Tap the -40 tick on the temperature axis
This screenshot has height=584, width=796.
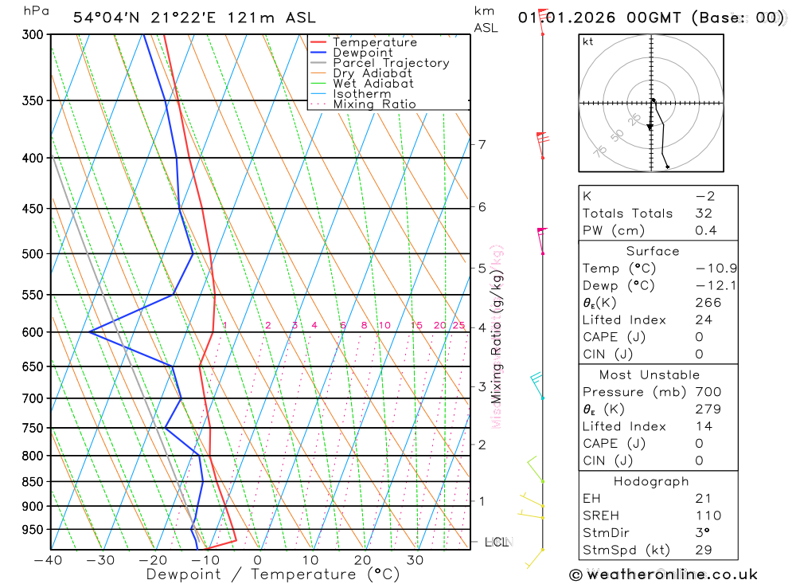click(x=49, y=559)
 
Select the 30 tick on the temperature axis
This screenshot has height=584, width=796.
click(x=415, y=559)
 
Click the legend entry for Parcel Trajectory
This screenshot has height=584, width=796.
click(x=391, y=63)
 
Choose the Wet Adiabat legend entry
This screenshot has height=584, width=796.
click(x=373, y=84)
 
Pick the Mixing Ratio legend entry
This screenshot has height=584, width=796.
click(x=374, y=104)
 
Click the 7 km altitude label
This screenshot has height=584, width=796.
click(x=482, y=144)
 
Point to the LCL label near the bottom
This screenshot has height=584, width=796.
click(x=497, y=542)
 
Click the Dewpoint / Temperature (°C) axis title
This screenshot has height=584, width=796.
click(x=273, y=574)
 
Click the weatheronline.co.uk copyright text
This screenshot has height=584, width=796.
click(x=664, y=574)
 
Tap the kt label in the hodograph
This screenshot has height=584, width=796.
click(x=588, y=41)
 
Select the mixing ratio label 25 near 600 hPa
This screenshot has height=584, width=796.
click(x=458, y=325)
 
